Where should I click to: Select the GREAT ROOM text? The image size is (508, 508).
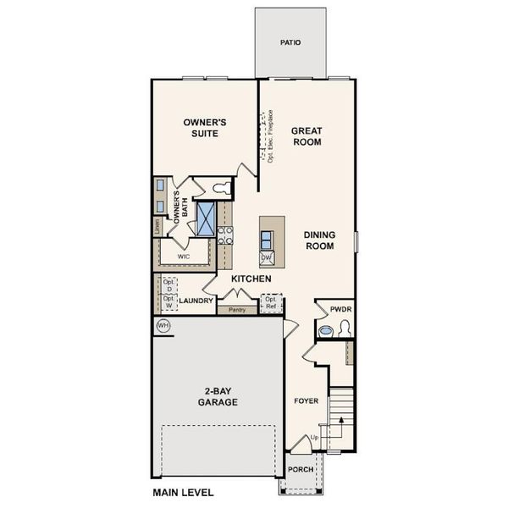click(x=306, y=136)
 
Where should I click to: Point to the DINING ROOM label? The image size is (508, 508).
click(x=318, y=240)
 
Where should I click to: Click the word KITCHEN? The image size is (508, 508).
click(x=251, y=279)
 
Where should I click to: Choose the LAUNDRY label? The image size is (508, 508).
click(x=196, y=300)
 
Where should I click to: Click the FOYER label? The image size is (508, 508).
click(x=306, y=400)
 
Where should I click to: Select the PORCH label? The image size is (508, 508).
click(x=301, y=470)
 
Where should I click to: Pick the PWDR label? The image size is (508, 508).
click(x=340, y=310)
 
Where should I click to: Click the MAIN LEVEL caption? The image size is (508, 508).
click(x=183, y=492)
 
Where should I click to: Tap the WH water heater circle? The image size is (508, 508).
click(x=162, y=325)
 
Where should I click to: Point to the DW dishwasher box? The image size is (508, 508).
click(x=266, y=257)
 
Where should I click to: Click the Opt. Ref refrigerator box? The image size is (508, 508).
click(x=271, y=302)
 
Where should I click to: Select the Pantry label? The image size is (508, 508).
click(x=236, y=310)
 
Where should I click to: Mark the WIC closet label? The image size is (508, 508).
click(x=183, y=255)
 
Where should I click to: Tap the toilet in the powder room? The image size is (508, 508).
click(x=328, y=331)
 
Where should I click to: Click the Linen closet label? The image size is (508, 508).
click(x=157, y=227)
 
